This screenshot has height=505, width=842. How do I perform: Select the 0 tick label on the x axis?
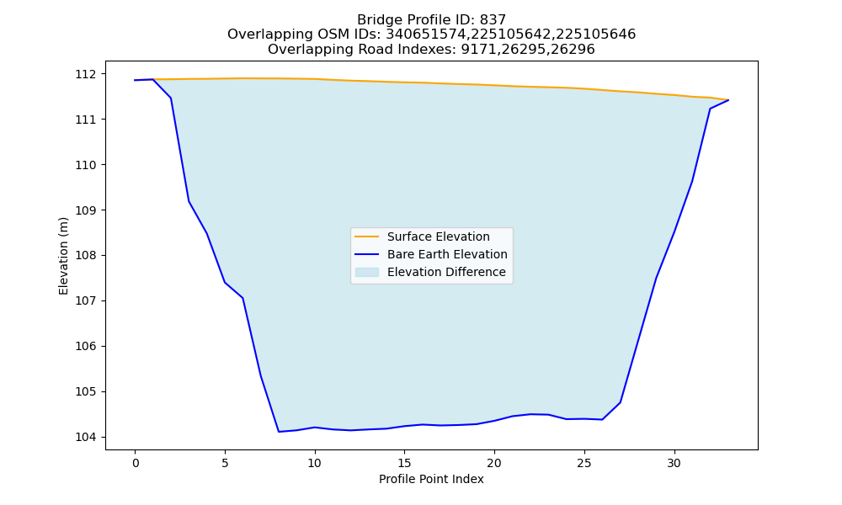pyautogui.click(x=136, y=463)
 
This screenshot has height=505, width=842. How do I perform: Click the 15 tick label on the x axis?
pyautogui.click(x=404, y=463)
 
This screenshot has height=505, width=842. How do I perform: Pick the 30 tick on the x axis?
pyautogui.click(x=674, y=463)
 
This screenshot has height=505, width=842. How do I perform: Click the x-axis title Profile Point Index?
pyautogui.click(x=431, y=479)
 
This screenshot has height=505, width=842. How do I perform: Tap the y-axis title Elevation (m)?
pyautogui.click(x=64, y=256)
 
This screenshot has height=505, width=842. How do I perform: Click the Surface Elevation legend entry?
pyautogui.click(x=438, y=237)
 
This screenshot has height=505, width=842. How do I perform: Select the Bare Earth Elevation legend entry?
pyautogui.click(x=447, y=254)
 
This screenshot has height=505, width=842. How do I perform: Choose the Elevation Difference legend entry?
pyautogui.click(x=446, y=272)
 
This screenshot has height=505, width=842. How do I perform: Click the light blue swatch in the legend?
pyautogui.click(x=367, y=272)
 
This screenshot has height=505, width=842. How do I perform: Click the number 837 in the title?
pyautogui.click(x=493, y=20)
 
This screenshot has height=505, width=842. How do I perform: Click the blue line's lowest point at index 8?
pyautogui.click(x=279, y=432)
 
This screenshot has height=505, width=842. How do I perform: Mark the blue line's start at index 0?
pyautogui.click(x=136, y=80)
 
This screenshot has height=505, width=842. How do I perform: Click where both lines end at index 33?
pyautogui.click(x=728, y=100)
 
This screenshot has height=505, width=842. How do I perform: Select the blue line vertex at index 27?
pyautogui.click(x=621, y=402)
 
